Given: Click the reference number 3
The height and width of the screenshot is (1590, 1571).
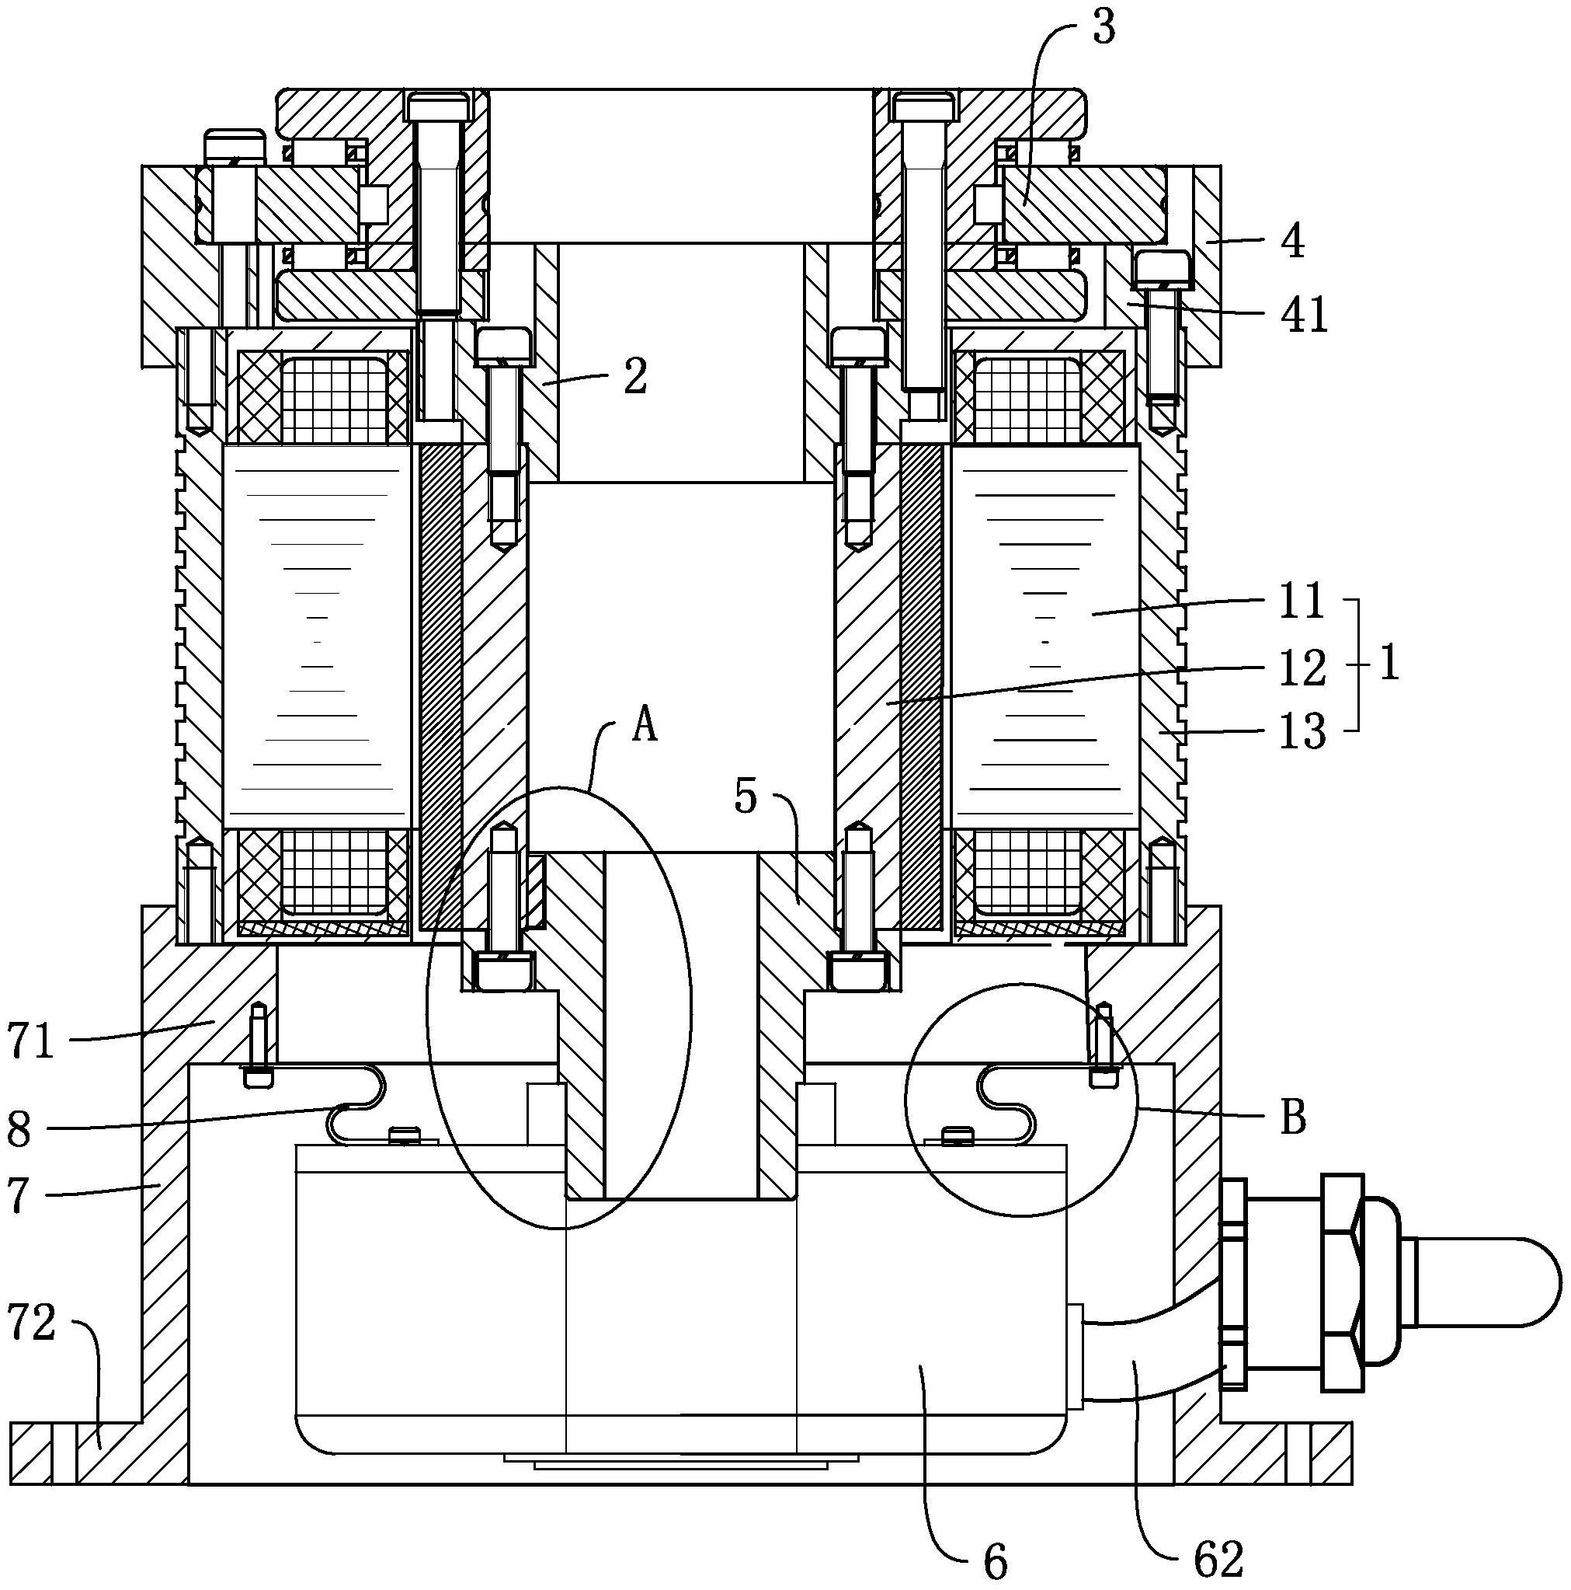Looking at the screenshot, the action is click(x=1103, y=28).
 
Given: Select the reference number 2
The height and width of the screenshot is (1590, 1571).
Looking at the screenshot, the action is click(x=635, y=376).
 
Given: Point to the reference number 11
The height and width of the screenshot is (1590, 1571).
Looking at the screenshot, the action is click(x=1302, y=601).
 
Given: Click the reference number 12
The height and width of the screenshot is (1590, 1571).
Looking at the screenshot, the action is click(x=1303, y=668).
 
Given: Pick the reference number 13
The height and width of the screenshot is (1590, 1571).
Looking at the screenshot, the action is click(x=1302, y=730).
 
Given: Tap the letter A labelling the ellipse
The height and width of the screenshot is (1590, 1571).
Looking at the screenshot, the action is click(x=645, y=726).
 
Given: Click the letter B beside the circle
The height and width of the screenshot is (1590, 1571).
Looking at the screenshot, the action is click(x=1294, y=1118).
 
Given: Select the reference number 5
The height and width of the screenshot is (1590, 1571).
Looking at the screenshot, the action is click(x=746, y=796).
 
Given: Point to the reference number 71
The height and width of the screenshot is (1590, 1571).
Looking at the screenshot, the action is click(x=31, y=1041).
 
